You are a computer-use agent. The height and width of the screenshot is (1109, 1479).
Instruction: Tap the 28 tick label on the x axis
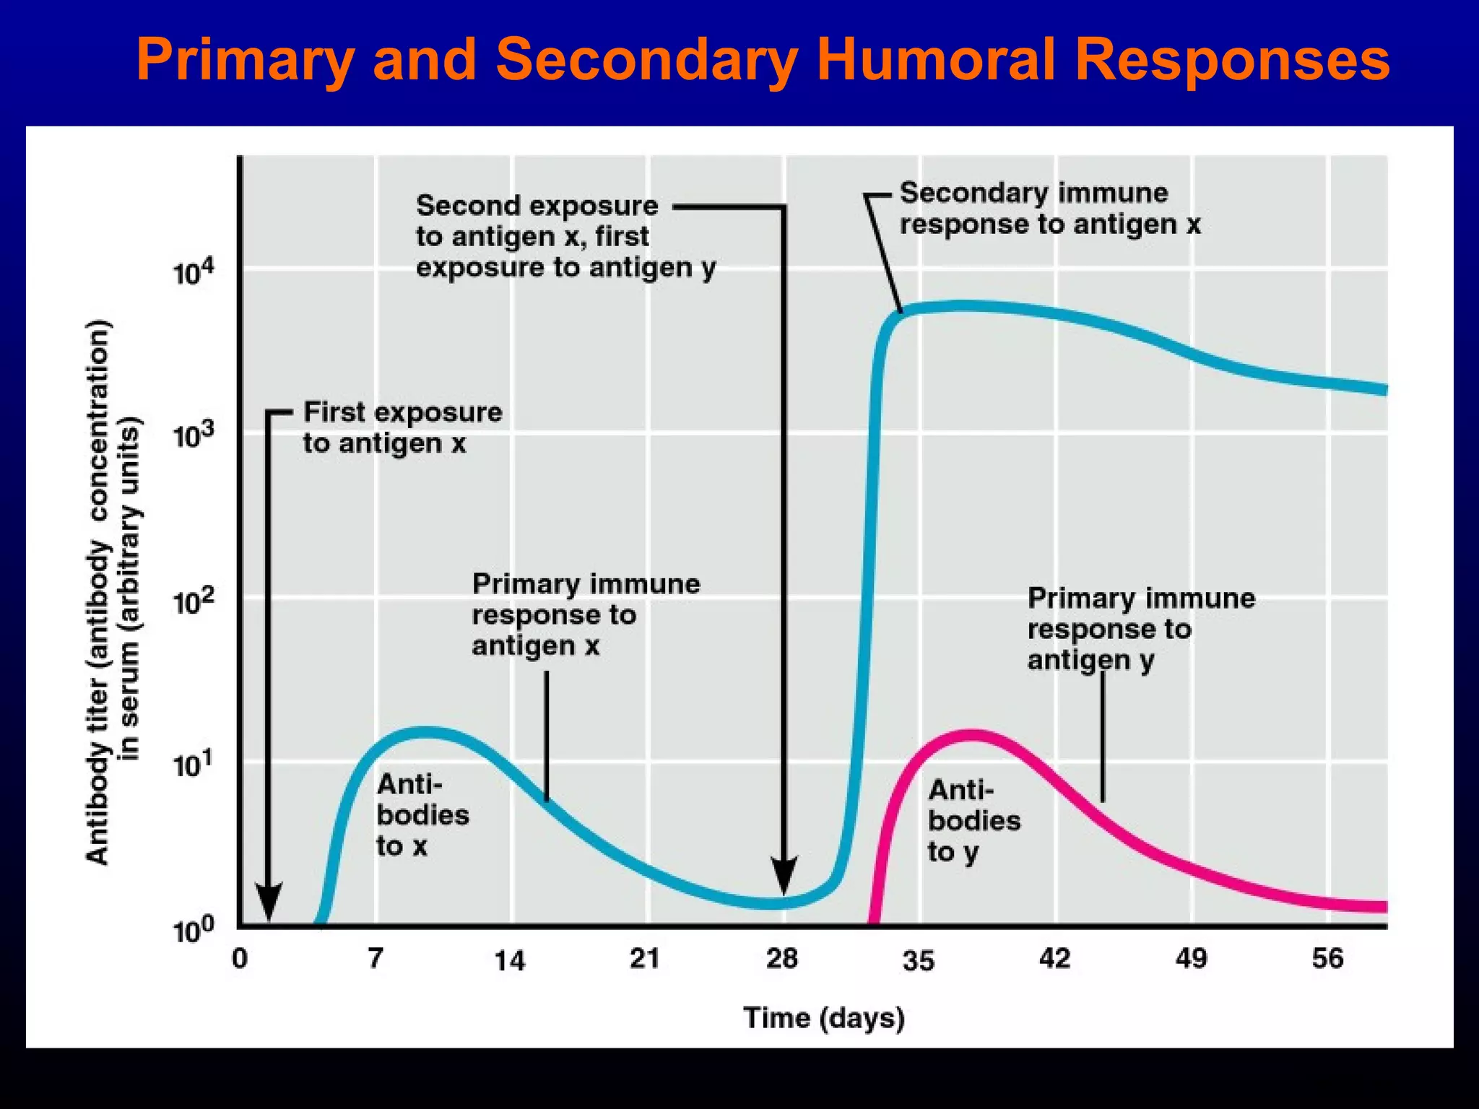pyautogui.click(x=782, y=959)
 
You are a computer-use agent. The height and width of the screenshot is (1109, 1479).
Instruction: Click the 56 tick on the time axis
pyautogui.click(x=1327, y=959)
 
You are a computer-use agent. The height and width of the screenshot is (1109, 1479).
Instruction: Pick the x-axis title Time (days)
pyautogui.click(x=824, y=1018)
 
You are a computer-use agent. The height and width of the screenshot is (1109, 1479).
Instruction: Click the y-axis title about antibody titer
pyautogui.click(x=113, y=592)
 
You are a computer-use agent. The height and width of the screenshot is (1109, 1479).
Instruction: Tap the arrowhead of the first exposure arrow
pyautogui.click(x=269, y=903)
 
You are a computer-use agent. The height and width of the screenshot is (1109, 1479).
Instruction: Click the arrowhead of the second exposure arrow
pyautogui.click(x=784, y=875)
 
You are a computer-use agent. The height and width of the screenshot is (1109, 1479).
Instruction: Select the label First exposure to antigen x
pyautogui.click(x=402, y=427)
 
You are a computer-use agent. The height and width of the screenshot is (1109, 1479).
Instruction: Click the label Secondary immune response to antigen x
pyautogui.click(x=1049, y=209)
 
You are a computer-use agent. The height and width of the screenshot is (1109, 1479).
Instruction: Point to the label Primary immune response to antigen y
pyautogui.click(x=1140, y=629)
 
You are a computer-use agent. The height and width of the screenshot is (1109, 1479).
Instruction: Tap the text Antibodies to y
pyautogui.click(x=973, y=821)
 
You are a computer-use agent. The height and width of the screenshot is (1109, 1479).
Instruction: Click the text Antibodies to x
pyautogui.click(x=422, y=815)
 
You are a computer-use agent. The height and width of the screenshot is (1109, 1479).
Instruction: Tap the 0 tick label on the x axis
pyautogui.click(x=240, y=959)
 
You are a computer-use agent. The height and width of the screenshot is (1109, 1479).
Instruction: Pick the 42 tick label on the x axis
pyautogui.click(x=1054, y=959)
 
